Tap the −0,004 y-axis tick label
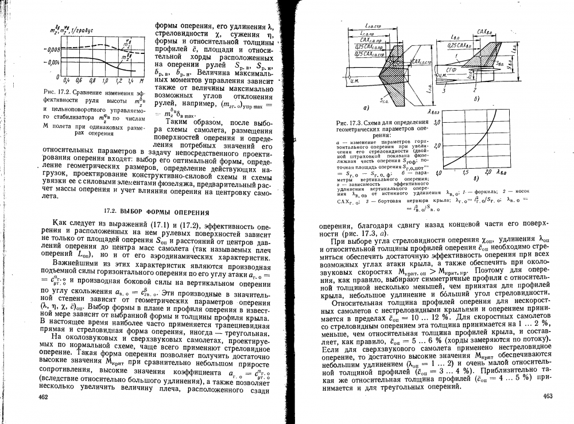(51, 62)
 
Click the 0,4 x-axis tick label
(67, 80)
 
